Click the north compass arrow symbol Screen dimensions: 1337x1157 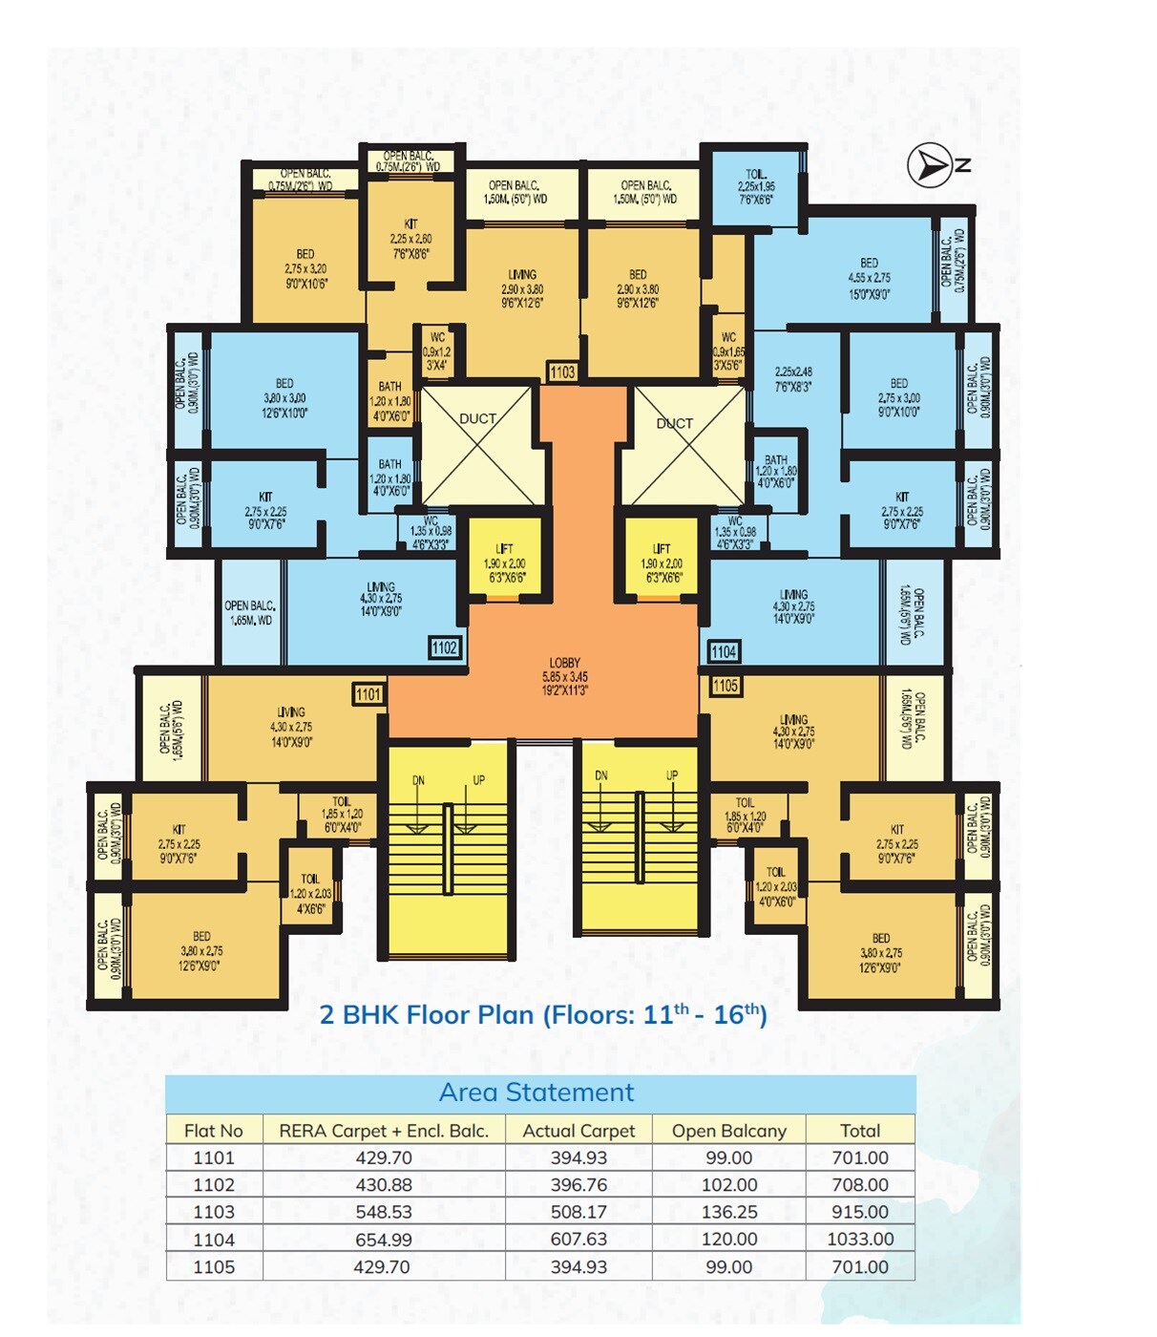(x=929, y=166)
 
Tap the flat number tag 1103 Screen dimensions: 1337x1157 (x=562, y=372)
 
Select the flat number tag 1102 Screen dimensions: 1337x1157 (x=445, y=647)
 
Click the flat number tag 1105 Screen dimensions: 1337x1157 (x=726, y=686)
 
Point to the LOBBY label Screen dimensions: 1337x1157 (x=564, y=663)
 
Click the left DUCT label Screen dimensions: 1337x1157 (x=477, y=418)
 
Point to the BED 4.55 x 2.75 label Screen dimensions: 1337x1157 (x=869, y=278)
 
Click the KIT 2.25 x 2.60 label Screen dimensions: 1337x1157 (x=410, y=239)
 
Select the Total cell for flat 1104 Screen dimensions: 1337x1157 (x=860, y=1240)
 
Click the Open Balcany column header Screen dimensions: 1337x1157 (x=728, y=1131)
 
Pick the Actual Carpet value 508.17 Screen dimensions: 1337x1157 (x=578, y=1212)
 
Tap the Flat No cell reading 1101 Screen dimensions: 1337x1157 (x=213, y=1157)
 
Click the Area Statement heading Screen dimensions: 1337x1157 (x=536, y=1093)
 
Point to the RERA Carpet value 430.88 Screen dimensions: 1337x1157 (x=384, y=1185)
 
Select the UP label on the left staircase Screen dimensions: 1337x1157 (x=478, y=780)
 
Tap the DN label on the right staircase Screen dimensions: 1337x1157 (x=601, y=775)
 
